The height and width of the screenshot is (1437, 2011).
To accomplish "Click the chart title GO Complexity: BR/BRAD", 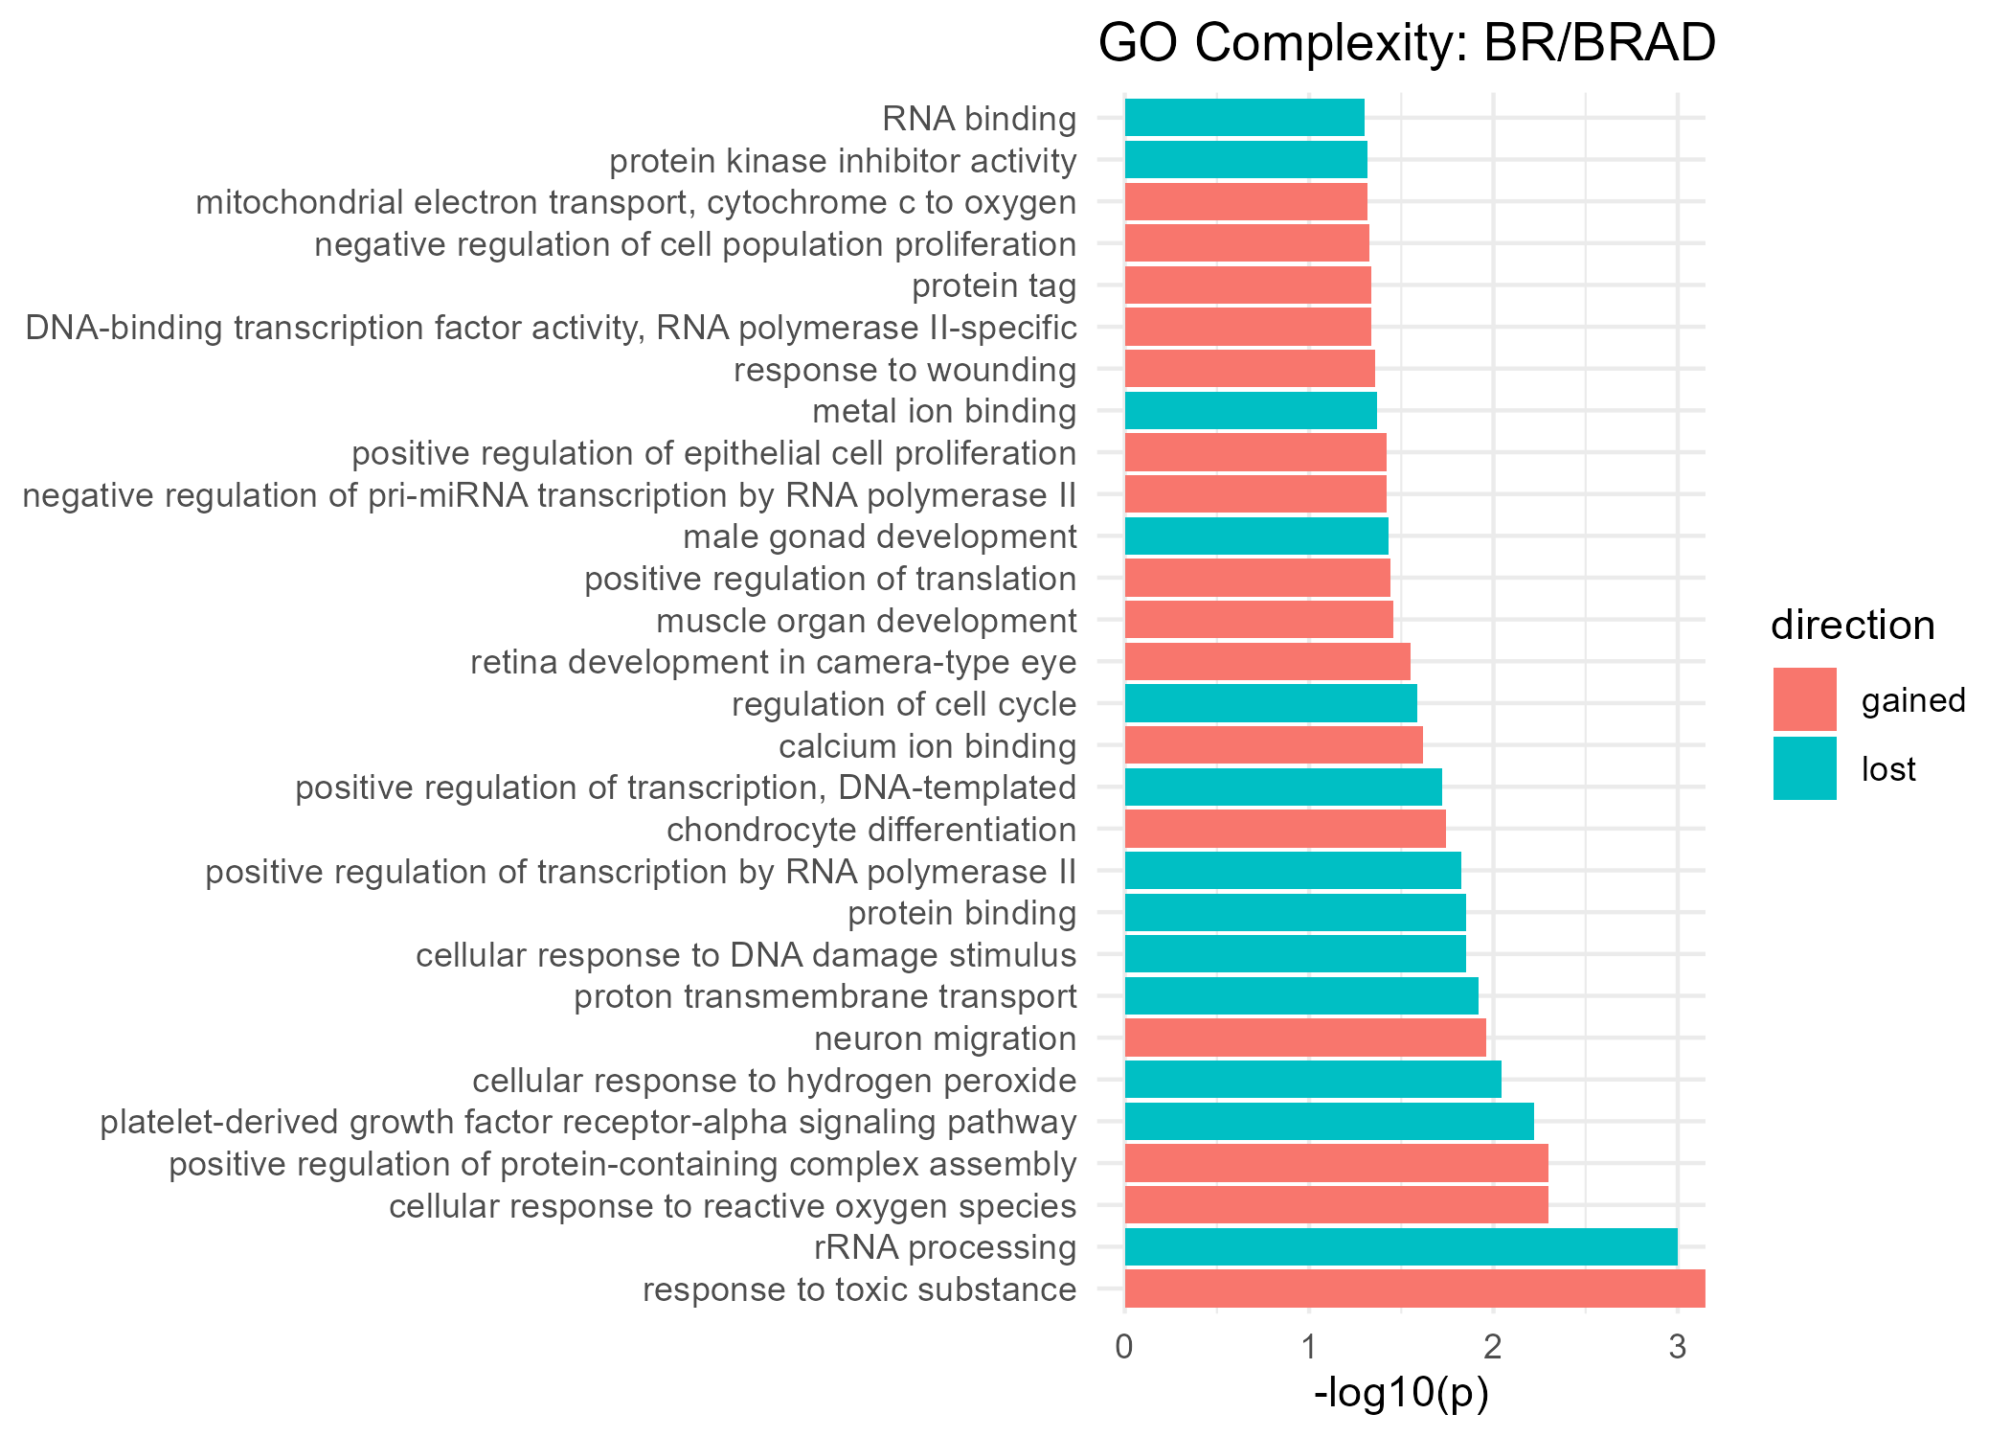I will click(1406, 44).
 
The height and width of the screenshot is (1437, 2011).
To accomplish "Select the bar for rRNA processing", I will click(1400, 1247).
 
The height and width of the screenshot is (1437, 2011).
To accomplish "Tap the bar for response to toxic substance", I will click(1413, 1289).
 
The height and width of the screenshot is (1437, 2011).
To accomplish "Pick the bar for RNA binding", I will click(1244, 118).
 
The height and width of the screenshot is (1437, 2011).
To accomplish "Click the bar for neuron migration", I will click(1304, 1038).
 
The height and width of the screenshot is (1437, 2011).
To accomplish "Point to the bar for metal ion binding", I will click(1250, 411).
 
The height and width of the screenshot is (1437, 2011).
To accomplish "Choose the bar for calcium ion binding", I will click(1273, 745).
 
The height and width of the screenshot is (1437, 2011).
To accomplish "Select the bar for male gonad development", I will click(1255, 536).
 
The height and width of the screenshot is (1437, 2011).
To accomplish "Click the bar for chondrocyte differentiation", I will click(1284, 829).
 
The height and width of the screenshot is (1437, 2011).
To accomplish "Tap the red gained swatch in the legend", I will click(1804, 699).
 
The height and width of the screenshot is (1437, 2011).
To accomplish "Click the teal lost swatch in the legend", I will click(1804, 768).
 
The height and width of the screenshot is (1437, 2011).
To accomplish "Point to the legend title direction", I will click(1852, 626).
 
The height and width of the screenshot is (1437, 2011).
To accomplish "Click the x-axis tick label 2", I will click(1492, 1347).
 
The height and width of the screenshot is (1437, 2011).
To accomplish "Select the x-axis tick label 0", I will click(1124, 1347).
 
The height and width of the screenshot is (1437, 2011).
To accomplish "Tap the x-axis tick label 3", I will click(1677, 1347).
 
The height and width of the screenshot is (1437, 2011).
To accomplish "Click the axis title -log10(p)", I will click(1401, 1393).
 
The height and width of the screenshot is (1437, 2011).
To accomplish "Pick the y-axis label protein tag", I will click(993, 285).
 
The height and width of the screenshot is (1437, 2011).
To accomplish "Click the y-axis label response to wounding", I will click(904, 370).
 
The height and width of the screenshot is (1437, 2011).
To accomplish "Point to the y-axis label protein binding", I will click(961, 913).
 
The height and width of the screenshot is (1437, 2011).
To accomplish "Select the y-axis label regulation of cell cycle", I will click(903, 704).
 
